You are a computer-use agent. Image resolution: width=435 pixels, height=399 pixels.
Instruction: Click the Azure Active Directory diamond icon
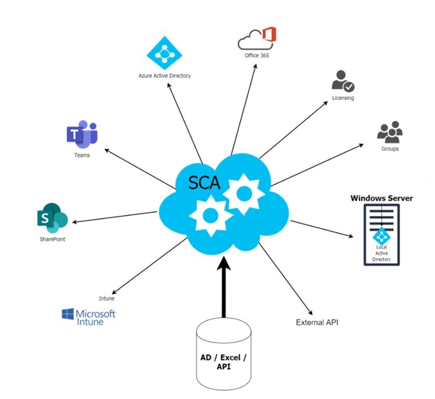(x=164, y=53)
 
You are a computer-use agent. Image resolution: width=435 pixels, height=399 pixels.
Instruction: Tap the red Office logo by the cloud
(x=269, y=34)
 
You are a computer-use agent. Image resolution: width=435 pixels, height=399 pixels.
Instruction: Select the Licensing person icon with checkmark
(x=343, y=81)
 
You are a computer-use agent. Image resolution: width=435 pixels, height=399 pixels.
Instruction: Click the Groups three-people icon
(x=390, y=132)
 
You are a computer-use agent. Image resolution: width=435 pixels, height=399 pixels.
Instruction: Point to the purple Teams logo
(x=82, y=134)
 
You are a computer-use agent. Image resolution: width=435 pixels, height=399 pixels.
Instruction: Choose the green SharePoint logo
(x=52, y=218)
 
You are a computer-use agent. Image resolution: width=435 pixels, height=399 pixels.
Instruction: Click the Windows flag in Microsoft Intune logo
(x=67, y=314)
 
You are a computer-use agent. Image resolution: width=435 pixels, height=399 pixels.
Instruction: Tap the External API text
(x=317, y=322)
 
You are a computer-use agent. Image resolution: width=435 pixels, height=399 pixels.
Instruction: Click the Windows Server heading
(x=381, y=198)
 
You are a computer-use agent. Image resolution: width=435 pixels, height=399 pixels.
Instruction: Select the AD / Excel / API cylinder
(x=223, y=354)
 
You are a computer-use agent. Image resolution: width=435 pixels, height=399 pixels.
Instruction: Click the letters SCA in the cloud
(x=204, y=183)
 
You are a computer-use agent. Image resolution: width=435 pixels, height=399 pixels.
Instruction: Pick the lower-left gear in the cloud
(x=211, y=216)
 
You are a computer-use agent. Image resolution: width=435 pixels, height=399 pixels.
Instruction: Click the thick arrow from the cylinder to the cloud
(x=224, y=287)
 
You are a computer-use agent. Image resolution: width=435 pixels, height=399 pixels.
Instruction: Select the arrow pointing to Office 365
(x=244, y=109)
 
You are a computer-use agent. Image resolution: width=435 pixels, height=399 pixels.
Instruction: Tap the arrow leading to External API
(x=286, y=279)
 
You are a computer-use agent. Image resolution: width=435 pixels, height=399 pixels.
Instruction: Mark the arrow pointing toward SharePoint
(x=115, y=217)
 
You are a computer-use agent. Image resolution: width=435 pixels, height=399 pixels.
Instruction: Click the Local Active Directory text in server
(x=381, y=253)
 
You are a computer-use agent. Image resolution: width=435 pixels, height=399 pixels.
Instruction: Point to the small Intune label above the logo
(x=107, y=298)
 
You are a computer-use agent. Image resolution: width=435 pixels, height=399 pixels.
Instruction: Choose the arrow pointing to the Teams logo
(x=140, y=169)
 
